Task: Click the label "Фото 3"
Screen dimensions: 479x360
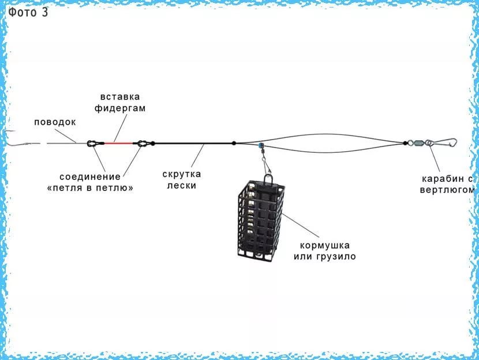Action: (x=28, y=12)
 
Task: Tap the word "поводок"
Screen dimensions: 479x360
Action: (x=55, y=122)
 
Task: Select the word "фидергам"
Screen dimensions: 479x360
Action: (x=120, y=108)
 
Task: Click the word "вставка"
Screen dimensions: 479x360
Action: (x=120, y=97)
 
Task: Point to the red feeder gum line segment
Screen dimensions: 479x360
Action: (x=118, y=143)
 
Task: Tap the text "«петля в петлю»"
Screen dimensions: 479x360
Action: (x=91, y=187)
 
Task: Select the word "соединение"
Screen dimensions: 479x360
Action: (x=90, y=177)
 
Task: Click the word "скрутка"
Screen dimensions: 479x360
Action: (x=182, y=174)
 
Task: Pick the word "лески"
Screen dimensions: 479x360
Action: (x=182, y=185)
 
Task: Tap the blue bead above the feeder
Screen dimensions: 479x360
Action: (x=261, y=145)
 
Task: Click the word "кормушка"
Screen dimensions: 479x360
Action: (x=325, y=246)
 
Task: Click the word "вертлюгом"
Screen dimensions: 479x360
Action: (x=447, y=190)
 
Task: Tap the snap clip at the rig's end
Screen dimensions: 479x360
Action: (x=444, y=142)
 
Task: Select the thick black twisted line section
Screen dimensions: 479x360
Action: (x=193, y=143)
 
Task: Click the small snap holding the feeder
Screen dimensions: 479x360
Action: (x=267, y=163)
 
